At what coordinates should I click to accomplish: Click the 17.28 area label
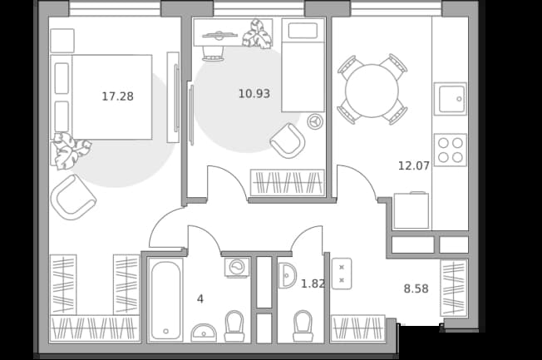click(117, 96)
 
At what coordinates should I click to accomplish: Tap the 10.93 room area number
click(254, 93)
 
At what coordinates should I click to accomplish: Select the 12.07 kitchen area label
click(414, 165)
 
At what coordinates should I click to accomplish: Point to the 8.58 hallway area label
click(416, 288)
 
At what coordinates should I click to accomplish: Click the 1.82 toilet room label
click(313, 284)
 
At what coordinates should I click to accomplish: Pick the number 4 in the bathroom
click(200, 298)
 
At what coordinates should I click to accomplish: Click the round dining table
click(372, 91)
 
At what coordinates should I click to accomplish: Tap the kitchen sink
click(450, 99)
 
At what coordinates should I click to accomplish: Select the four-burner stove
click(450, 150)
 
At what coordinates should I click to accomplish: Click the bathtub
click(165, 300)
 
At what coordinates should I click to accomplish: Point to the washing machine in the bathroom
click(237, 267)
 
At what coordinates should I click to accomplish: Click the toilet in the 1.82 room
click(303, 326)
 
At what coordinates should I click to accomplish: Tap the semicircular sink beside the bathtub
click(204, 333)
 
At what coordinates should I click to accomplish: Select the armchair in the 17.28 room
click(73, 197)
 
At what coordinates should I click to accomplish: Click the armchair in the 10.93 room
click(288, 141)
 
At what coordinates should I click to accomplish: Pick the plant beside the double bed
click(71, 151)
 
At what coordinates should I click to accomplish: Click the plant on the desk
click(257, 33)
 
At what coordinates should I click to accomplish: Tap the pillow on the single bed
click(303, 31)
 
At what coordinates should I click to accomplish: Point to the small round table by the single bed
click(315, 121)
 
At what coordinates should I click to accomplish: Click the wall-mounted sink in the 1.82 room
click(287, 275)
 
